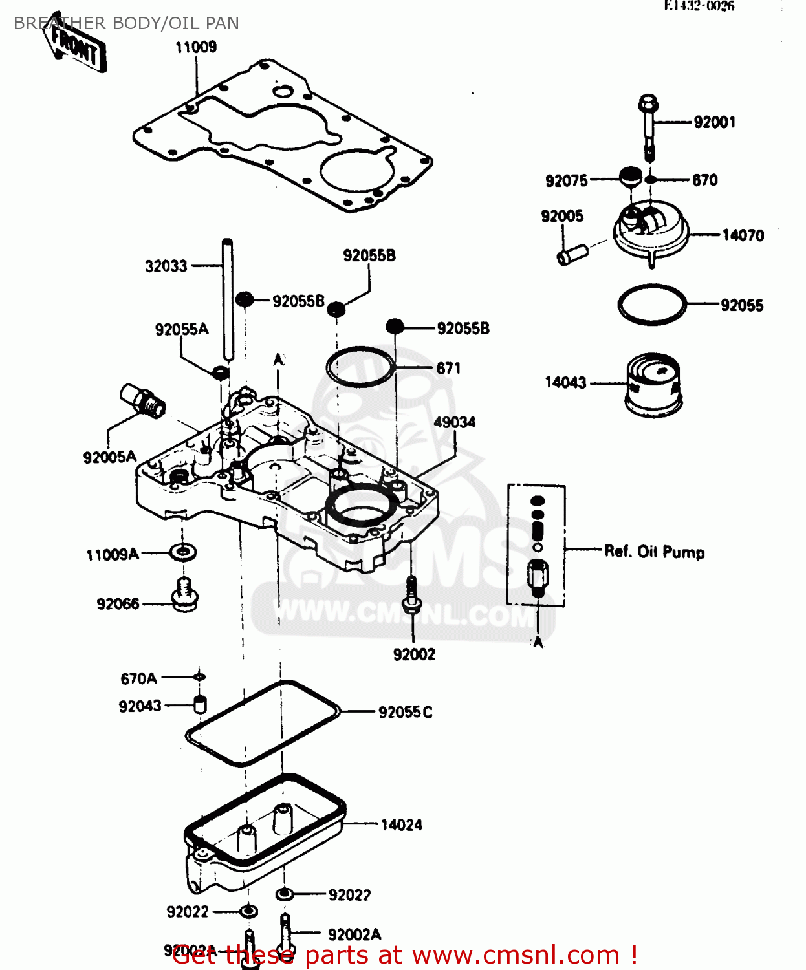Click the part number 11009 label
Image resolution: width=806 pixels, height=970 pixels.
coord(195,47)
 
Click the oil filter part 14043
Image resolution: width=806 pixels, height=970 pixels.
coord(653,384)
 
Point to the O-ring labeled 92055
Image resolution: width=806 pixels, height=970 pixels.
coord(651,304)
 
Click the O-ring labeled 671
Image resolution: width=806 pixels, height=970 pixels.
coord(360,367)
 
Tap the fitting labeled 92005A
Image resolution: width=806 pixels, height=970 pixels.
coord(143,400)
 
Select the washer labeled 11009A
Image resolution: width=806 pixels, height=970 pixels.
coord(183,552)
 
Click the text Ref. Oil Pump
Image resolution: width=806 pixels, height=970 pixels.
coord(654,552)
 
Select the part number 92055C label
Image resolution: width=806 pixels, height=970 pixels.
coord(405,712)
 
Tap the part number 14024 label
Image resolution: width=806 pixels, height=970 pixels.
coord(401,824)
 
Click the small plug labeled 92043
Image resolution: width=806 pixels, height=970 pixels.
coord(200,705)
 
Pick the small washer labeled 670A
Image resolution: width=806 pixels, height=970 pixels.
coord(200,677)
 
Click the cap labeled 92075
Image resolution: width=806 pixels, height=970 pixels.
coord(630,177)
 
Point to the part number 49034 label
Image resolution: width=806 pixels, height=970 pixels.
coord(454,422)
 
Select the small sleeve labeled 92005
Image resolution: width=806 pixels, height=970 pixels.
coord(571,254)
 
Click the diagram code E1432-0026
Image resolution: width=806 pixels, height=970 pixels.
coord(699,6)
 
